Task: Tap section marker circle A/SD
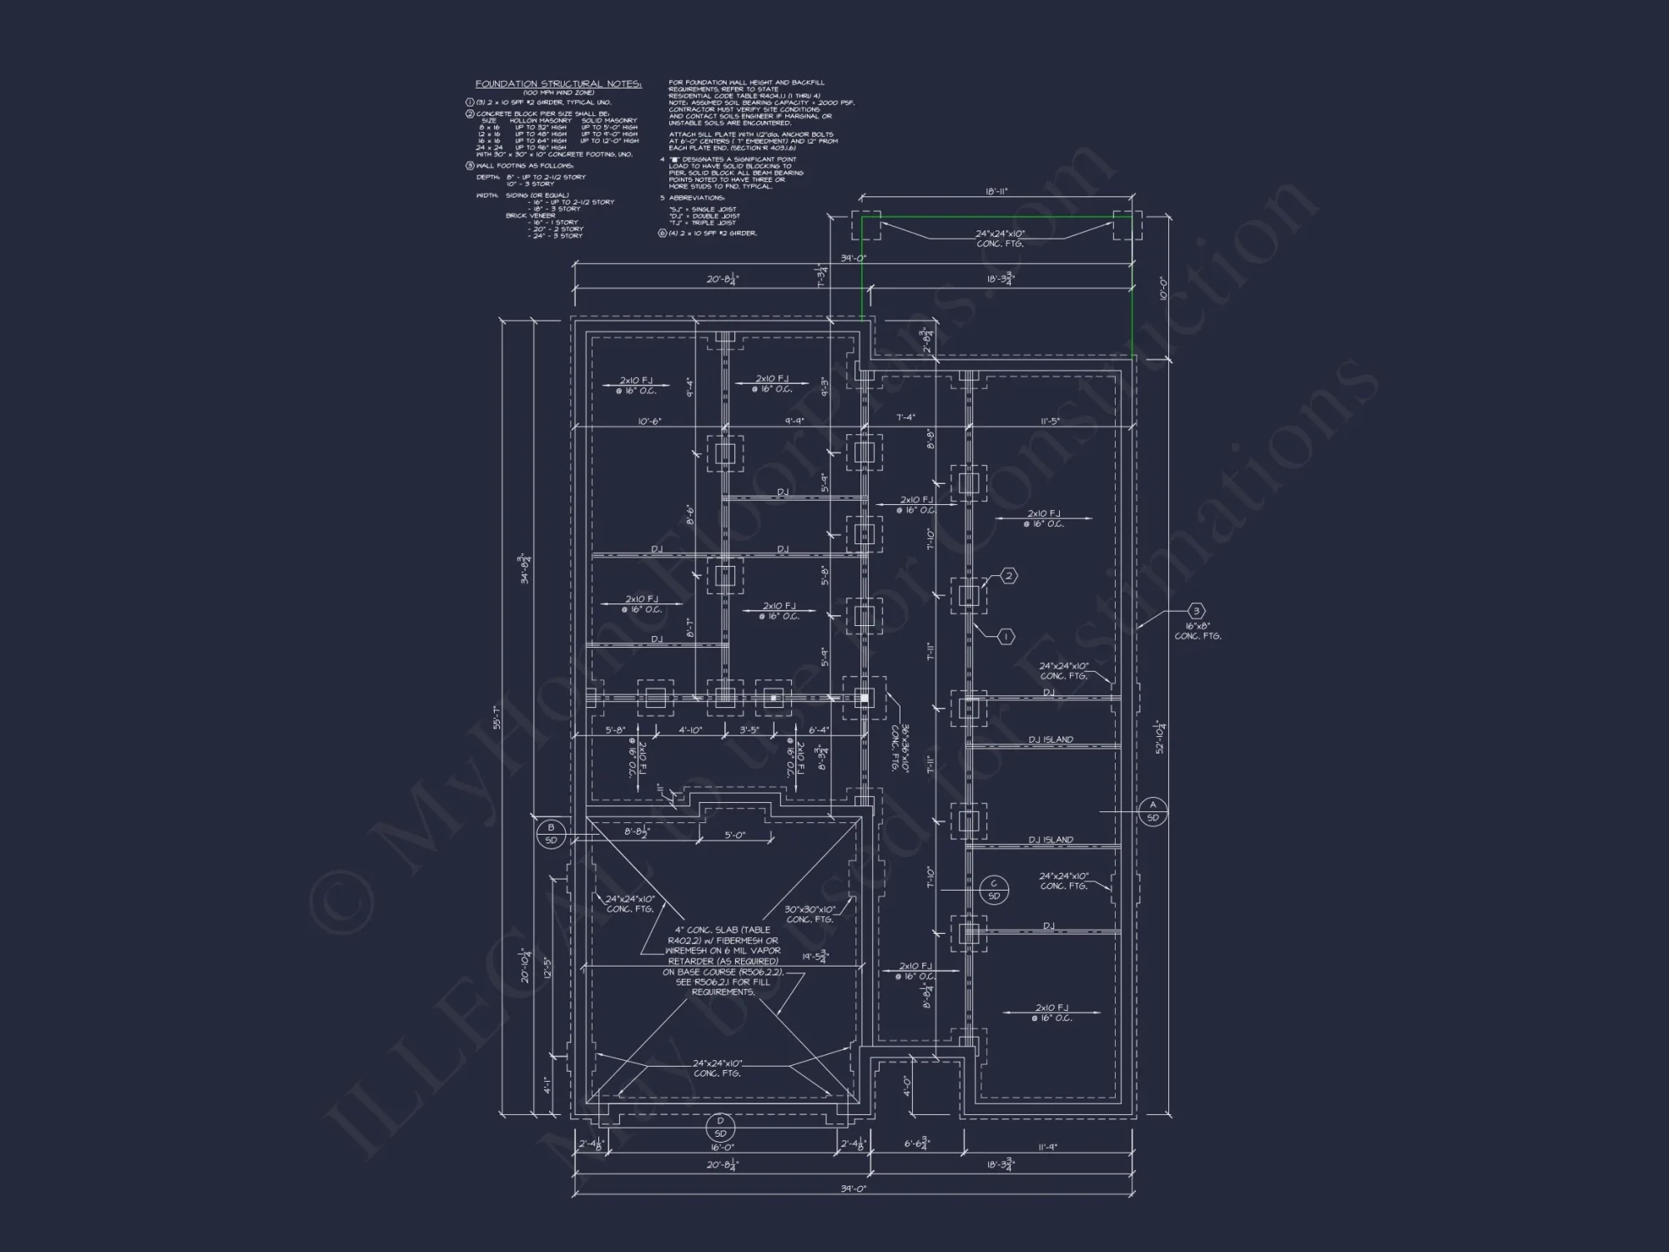(1152, 811)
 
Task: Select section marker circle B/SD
(551, 834)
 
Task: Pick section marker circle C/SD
(993, 890)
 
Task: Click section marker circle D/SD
(720, 1128)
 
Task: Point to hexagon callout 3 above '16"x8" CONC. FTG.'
(1197, 612)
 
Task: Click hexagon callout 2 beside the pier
(1008, 576)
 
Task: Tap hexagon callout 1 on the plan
(1006, 637)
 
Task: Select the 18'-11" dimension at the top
(996, 192)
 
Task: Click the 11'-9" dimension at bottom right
(1048, 1148)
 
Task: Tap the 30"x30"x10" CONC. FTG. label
(809, 914)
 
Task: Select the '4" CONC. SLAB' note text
(723, 961)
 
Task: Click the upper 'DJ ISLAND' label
(1051, 740)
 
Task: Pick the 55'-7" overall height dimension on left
(496, 718)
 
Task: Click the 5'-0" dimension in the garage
(734, 835)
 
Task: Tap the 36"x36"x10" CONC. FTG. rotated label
(898, 748)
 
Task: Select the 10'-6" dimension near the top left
(649, 422)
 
